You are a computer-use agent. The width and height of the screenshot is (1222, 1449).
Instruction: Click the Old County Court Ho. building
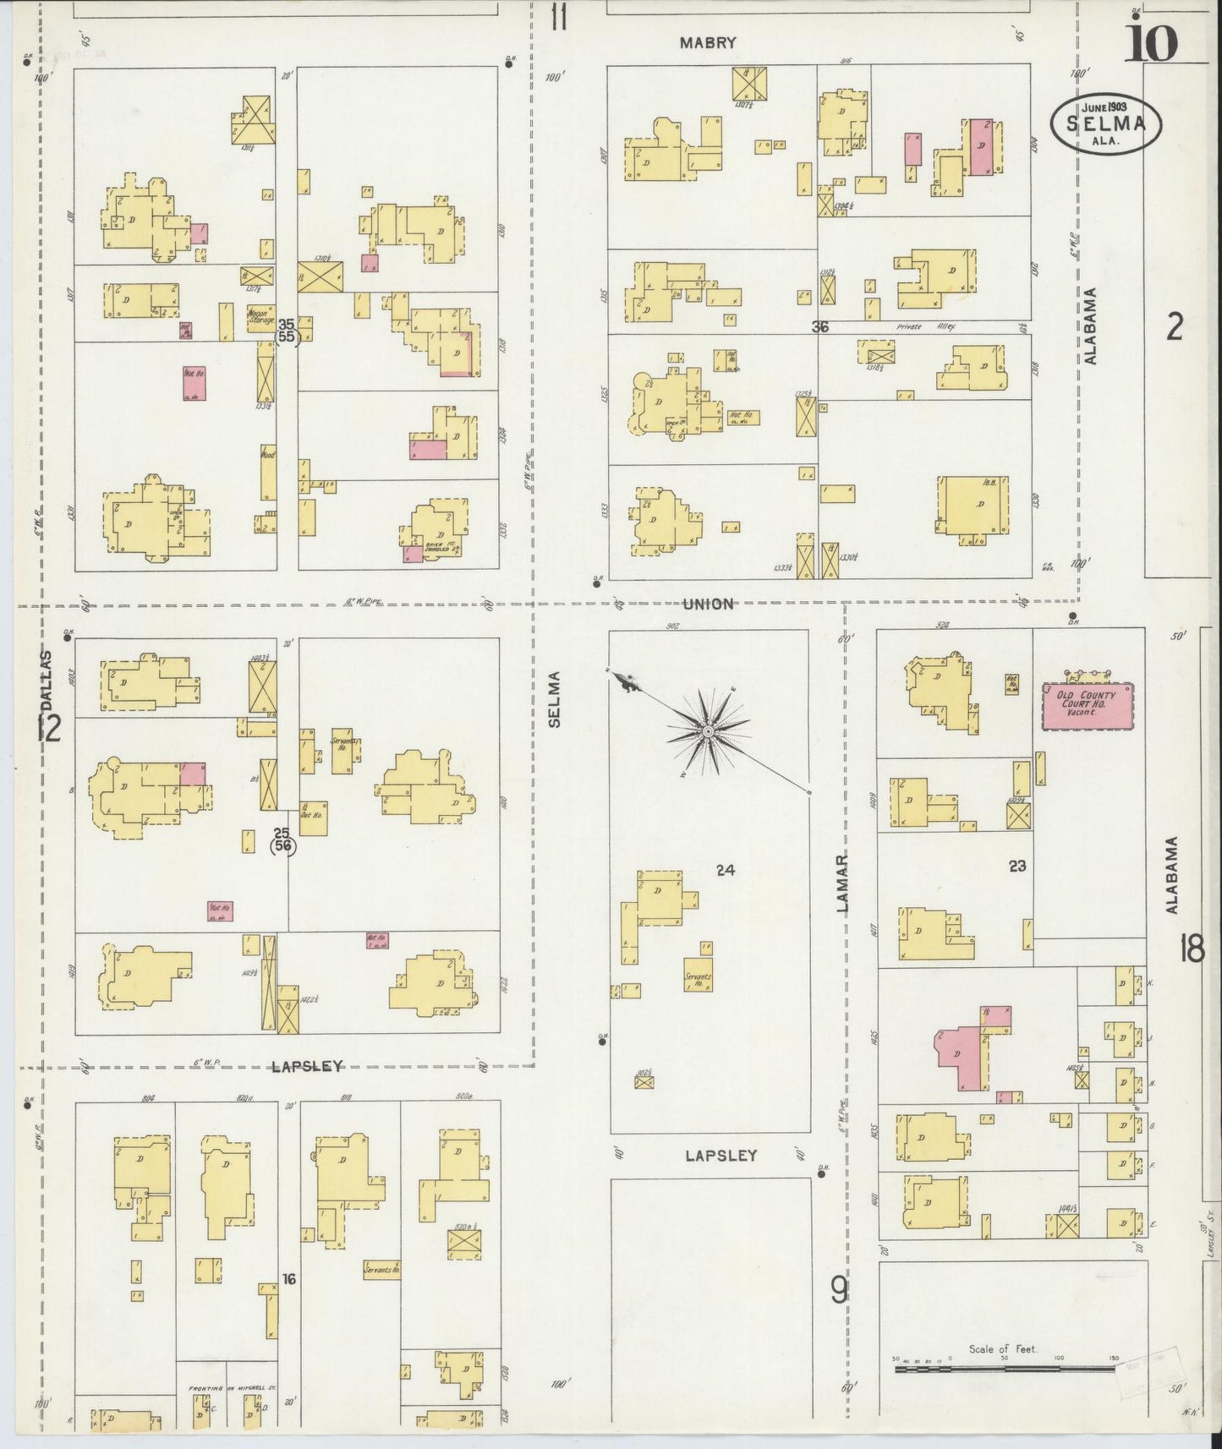1086,705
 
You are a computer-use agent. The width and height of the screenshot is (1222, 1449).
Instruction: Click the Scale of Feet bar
1005,1366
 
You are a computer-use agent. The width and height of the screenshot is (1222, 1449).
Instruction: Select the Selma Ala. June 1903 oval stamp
1104,123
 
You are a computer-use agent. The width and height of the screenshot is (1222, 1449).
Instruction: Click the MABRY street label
709,43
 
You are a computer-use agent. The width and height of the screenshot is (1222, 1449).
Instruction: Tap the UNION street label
709,604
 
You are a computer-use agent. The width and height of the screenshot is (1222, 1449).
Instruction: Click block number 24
725,869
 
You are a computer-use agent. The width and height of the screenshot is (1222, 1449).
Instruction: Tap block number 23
1017,866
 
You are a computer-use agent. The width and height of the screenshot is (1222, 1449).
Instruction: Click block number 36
819,326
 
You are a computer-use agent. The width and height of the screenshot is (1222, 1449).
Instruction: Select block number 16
288,1279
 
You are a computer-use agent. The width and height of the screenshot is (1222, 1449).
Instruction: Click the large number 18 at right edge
1192,950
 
